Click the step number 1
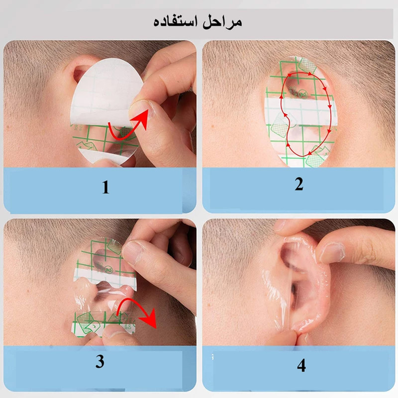tap(105, 188)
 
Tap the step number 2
tap(298, 185)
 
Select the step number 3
tap(100, 362)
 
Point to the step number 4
tap(301, 366)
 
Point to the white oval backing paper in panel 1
tap(104, 90)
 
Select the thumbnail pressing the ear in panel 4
tap(330, 253)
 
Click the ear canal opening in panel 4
tap(294, 294)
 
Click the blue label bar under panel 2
tap(298, 192)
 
